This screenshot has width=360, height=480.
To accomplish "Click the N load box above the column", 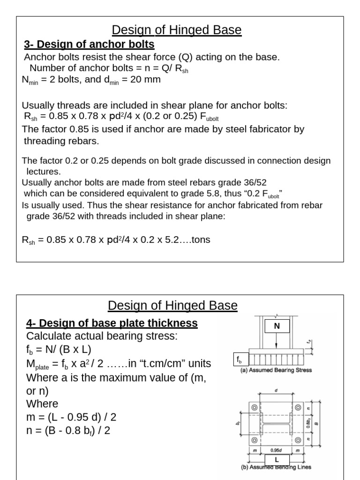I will (277, 326).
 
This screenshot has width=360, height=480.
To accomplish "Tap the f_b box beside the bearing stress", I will (240, 360).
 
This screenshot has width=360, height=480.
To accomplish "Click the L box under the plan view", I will (277, 460).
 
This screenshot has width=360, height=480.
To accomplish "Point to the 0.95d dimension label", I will (276, 450).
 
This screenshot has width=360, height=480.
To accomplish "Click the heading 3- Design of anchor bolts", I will (89, 45).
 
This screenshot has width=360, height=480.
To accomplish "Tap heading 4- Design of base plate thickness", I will (112, 323).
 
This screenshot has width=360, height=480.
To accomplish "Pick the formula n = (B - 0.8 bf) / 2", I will (68, 430).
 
